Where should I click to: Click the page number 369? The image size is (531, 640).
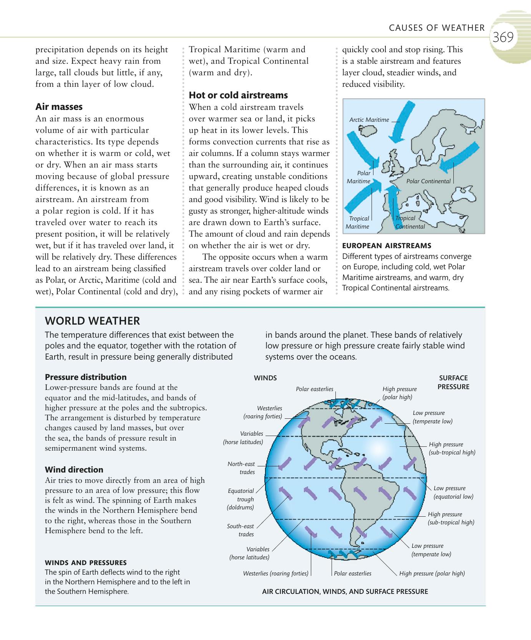503,37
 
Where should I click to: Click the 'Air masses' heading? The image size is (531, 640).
59,107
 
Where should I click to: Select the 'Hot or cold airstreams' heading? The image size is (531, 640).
238,95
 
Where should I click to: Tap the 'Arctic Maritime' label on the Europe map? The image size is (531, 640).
369,120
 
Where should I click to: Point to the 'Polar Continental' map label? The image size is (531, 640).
428,181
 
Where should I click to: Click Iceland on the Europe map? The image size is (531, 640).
367,132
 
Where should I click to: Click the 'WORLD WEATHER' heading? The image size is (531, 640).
92,321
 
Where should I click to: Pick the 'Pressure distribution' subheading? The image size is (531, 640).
86,377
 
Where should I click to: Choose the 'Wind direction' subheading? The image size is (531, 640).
74,470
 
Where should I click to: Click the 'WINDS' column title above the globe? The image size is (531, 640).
265,378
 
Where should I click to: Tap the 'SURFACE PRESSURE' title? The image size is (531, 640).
453,382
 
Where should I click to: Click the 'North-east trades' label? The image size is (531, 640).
241,468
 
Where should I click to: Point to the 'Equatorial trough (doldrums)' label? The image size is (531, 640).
241,499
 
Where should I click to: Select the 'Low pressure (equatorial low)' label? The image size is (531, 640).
453,492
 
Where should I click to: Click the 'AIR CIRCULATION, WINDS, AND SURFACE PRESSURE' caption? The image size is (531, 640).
345,592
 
